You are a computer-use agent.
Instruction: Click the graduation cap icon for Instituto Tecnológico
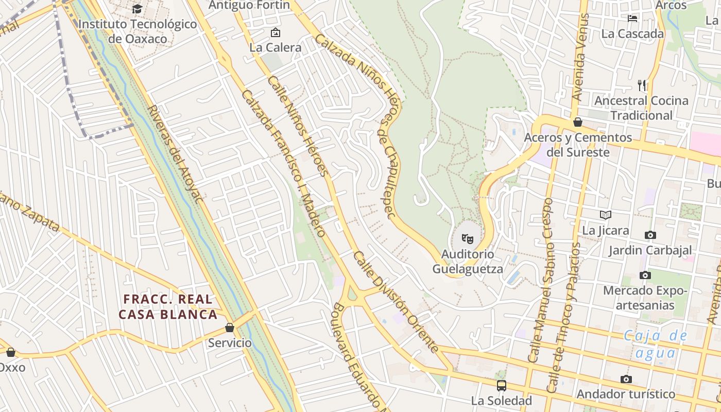coord(137,9)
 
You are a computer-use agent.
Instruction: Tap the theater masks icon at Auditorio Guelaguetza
coord(467,238)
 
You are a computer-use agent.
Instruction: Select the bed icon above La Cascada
coord(632,19)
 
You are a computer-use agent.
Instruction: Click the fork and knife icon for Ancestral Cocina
coord(642,85)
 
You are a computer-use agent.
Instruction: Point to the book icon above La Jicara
coord(606,215)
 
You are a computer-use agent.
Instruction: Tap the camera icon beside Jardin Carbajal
coord(650,235)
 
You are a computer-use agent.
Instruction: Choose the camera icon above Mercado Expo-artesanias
coord(645,275)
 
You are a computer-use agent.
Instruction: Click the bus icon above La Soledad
coord(501,385)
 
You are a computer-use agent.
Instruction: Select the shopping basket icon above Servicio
coord(230,328)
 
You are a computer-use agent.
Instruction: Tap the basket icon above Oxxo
coord(10,352)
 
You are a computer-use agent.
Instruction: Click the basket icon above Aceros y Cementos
coord(578,122)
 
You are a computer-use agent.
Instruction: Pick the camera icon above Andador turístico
coord(626,379)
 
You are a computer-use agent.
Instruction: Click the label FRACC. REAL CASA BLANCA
coord(168,307)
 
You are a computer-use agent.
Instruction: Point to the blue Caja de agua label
coord(656,344)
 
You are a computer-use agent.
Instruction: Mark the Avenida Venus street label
coord(581,57)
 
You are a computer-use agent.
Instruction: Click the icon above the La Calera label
coord(276,33)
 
